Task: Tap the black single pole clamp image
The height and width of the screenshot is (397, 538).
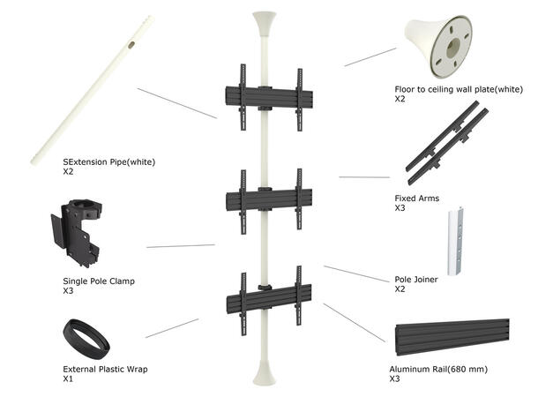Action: point(82,233)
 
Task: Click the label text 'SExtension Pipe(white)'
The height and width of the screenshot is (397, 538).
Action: point(108,163)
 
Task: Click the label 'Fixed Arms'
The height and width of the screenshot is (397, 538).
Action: point(416,198)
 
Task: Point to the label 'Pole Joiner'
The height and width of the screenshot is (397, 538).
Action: point(416,280)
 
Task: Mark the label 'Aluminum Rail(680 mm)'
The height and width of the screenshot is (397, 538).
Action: point(438,369)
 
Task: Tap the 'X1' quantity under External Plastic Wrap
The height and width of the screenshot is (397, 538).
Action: point(68,378)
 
